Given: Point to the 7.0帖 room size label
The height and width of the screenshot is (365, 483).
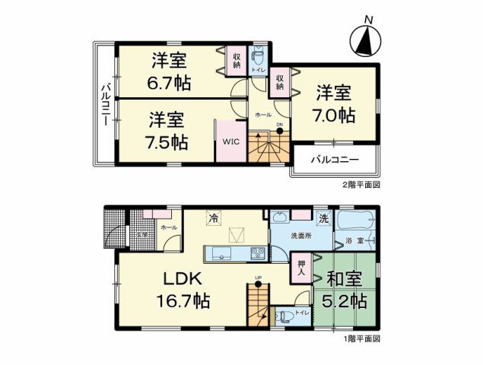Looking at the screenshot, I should (335, 116).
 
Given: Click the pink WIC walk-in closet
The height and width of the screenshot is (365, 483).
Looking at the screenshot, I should (230, 141).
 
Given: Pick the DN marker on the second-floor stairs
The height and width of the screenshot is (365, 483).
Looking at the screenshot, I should (279, 127).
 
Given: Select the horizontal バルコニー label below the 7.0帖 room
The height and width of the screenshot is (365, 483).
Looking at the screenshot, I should (335, 161).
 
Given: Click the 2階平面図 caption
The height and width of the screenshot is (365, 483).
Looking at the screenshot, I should (361, 185).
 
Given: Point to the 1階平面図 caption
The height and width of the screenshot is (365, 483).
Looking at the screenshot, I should (361, 338).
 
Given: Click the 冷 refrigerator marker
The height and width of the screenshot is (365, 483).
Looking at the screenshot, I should (214, 219).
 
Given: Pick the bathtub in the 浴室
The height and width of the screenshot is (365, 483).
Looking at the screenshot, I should (357, 224).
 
